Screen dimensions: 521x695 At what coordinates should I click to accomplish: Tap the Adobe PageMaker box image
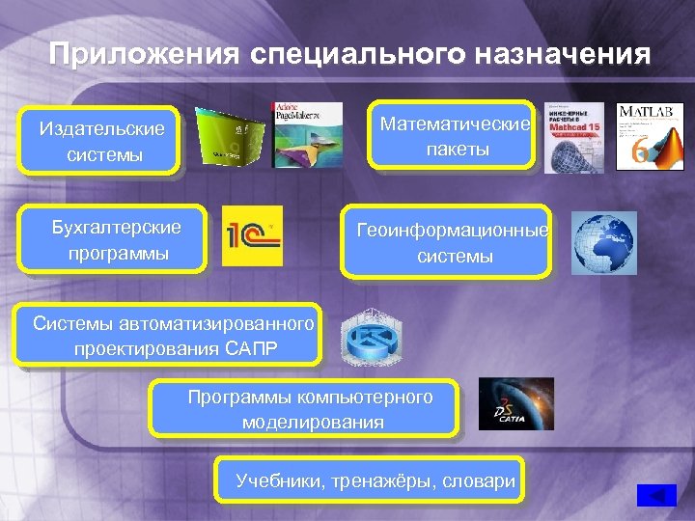(307, 135)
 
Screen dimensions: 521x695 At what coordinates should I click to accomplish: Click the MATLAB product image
(646, 137)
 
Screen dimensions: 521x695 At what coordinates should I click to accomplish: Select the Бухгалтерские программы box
(116, 240)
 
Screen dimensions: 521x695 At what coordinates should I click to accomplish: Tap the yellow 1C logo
(253, 236)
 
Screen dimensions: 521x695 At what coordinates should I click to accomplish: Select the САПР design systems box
(173, 336)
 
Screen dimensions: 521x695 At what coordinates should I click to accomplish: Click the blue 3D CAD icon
(372, 337)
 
